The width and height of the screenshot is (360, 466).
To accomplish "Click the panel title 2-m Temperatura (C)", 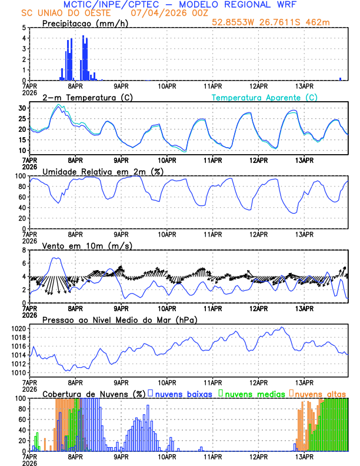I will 84,97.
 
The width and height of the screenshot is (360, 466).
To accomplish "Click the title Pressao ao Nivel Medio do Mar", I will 119,319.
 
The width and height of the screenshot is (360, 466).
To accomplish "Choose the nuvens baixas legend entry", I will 183,393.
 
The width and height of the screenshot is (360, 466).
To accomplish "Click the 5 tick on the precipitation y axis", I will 24,28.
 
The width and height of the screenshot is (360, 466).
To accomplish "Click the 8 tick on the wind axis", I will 24,250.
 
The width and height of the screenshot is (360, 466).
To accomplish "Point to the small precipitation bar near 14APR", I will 340,79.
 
